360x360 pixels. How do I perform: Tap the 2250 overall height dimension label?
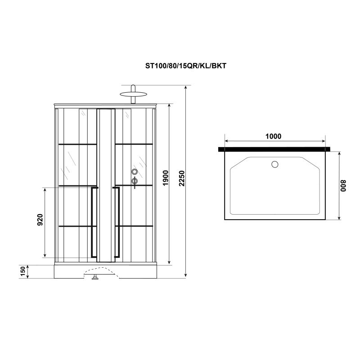click(x=181, y=180)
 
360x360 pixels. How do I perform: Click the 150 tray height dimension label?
click(x=22, y=272)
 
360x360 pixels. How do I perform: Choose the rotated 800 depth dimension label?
click(x=344, y=186)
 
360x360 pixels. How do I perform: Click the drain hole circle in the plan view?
click(x=274, y=164)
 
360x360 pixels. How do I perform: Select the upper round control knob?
click(x=134, y=171)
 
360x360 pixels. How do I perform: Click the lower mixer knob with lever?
click(x=134, y=181)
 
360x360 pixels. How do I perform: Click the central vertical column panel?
click(x=106, y=184)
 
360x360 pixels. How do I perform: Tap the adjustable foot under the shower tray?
click(x=95, y=278)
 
